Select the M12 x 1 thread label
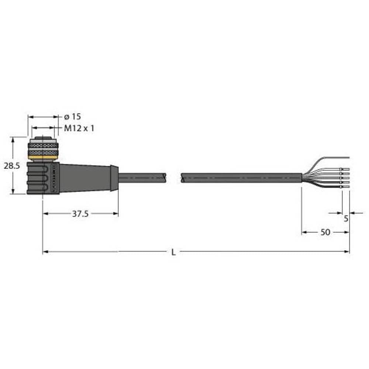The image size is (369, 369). click(79, 128)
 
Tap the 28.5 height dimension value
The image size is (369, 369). click(12, 166)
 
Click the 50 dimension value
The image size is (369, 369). click(325, 232)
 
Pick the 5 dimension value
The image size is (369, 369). click(346, 218)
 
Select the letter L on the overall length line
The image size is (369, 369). click(173, 252)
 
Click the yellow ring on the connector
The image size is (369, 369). click(43, 158)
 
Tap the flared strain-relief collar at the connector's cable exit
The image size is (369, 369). click(114, 178)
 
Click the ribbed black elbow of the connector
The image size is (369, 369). click(37, 178)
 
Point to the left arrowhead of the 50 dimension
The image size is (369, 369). click(304, 232)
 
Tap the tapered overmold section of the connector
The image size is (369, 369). click(85, 178)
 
